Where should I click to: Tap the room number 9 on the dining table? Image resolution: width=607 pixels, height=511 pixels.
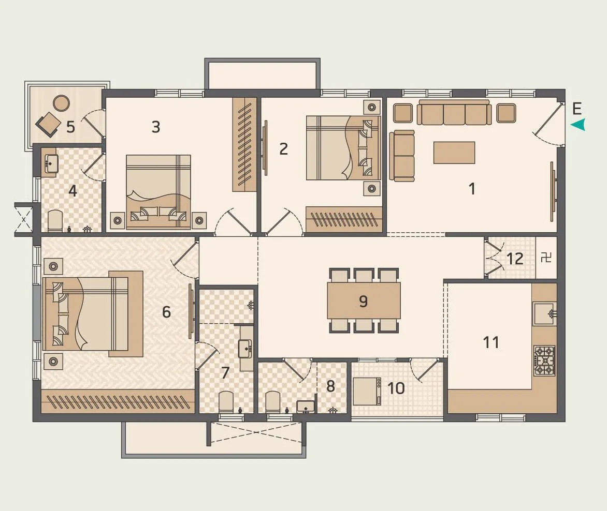363,301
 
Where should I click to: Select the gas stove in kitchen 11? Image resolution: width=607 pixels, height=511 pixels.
544,360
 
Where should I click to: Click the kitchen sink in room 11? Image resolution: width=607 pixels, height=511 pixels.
545,313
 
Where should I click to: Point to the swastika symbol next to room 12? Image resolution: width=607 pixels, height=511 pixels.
546,258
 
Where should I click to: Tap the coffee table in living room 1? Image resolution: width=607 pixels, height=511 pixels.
454,153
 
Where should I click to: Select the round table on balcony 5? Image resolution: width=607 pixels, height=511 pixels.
62,103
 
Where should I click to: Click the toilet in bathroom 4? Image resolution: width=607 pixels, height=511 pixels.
55,221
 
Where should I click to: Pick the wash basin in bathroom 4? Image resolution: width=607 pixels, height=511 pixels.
50,163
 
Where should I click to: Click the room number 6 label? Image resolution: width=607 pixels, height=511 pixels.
166,312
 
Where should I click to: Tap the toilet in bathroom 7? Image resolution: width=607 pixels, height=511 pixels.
226,402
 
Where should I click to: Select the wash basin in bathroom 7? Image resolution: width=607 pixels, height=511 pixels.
245,349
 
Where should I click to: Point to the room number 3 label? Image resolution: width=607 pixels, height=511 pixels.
155,127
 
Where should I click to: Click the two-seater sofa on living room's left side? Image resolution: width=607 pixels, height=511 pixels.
402,155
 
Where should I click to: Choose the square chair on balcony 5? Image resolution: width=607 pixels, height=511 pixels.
48,124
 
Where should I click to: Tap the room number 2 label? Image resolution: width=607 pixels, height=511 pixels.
283,149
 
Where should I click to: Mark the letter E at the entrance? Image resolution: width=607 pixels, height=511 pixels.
577,109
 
